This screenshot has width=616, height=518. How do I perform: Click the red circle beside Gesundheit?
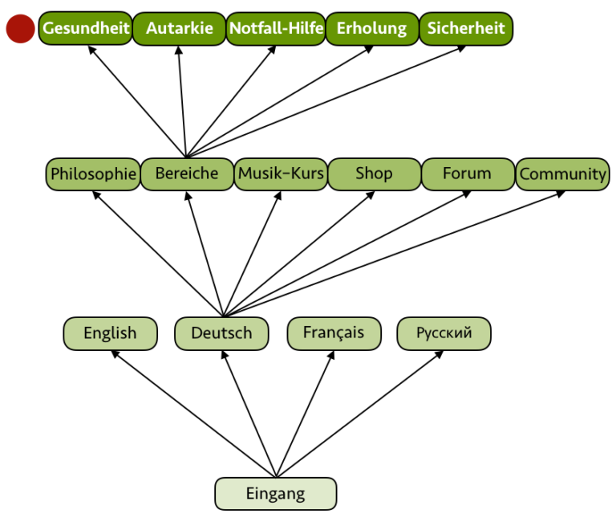click(x=20, y=29)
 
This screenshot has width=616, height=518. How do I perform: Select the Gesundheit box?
click(x=86, y=29)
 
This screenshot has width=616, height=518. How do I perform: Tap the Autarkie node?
click(x=179, y=29)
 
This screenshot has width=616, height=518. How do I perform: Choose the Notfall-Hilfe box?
click(x=276, y=29)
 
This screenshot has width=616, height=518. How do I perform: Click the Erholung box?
click(x=371, y=29)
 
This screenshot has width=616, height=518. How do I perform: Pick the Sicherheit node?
click(x=466, y=29)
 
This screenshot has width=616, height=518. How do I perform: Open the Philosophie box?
click(x=93, y=174)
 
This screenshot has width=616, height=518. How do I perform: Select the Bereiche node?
click(x=186, y=174)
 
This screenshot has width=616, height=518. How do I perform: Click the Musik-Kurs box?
click(x=280, y=174)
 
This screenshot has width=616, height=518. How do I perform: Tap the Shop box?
click(x=374, y=174)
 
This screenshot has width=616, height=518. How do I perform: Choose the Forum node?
click(x=467, y=174)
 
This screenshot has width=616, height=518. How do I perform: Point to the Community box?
click(x=562, y=174)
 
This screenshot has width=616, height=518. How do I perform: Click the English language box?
click(x=110, y=333)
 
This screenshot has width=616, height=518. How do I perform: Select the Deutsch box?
click(x=221, y=333)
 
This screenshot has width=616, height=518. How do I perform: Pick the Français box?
click(x=334, y=333)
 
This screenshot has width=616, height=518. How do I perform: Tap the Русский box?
click(x=444, y=333)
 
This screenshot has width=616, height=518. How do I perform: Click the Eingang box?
click(x=275, y=494)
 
